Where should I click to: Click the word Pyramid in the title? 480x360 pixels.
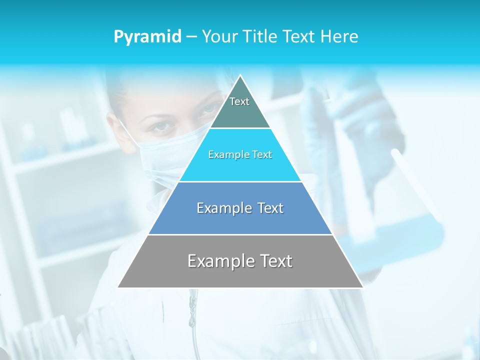[x=147, y=36]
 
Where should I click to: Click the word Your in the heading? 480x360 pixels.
[x=220, y=36]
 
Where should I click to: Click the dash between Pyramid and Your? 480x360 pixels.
[x=191, y=37]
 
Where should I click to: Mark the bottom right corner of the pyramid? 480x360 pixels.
[x=362, y=287]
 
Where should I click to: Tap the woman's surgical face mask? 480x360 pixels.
[x=160, y=155]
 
